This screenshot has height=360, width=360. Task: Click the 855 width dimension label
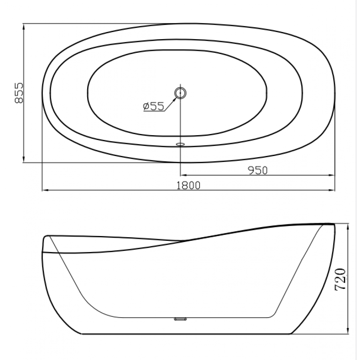19,93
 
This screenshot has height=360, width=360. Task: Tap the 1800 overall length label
188,186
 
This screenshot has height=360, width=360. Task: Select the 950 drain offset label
258,170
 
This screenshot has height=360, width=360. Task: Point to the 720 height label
340,280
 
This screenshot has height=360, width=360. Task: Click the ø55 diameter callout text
154,106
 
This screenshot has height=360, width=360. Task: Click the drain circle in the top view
180,93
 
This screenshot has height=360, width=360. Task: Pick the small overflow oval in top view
180,144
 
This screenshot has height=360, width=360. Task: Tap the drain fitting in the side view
180,319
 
